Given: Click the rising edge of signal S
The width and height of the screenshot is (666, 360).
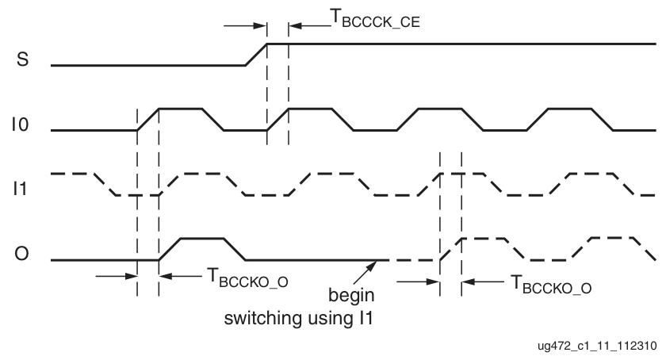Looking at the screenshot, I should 256,54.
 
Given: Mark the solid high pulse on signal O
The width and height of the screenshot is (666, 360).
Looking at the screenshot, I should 203,238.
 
